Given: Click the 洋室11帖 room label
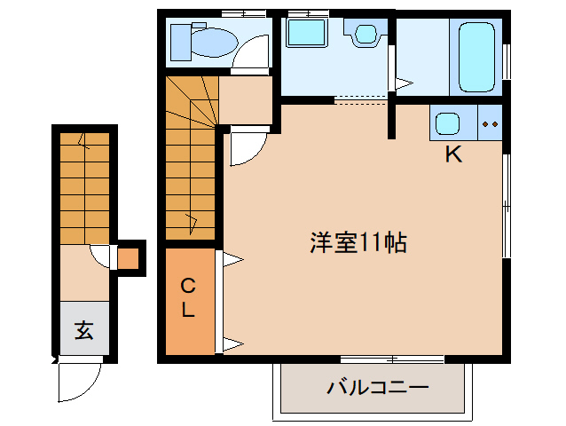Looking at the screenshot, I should (x=358, y=242).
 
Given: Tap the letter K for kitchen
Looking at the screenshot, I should (x=453, y=154).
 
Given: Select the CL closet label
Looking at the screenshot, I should (x=188, y=298).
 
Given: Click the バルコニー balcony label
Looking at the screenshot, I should (x=377, y=388).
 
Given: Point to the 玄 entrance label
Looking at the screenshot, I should (x=83, y=331).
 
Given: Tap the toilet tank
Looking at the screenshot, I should (x=180, y=40).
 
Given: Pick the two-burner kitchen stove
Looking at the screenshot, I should (x=490, y=122).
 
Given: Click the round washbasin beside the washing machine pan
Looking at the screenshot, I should (x=366, y=35).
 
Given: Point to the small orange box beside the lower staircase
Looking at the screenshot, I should (x=129, y=259).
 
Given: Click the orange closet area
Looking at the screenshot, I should (x=189, y=302).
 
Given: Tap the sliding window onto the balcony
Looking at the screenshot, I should (x=391, y=359).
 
